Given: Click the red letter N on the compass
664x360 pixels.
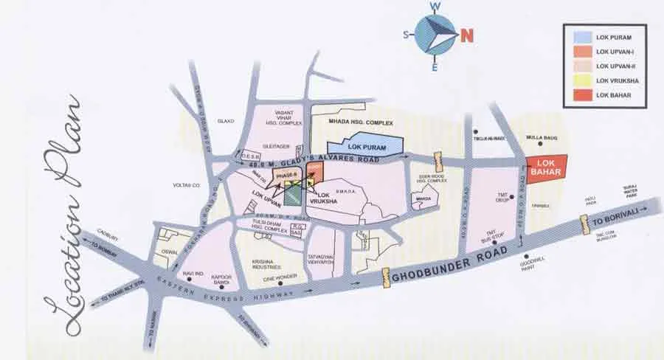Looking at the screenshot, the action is point(467,35).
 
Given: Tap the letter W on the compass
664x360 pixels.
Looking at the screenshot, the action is point(436,7).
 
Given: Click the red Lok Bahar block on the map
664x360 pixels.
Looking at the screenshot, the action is point(545,167).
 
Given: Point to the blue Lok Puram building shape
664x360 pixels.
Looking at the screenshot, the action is point(368,142).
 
